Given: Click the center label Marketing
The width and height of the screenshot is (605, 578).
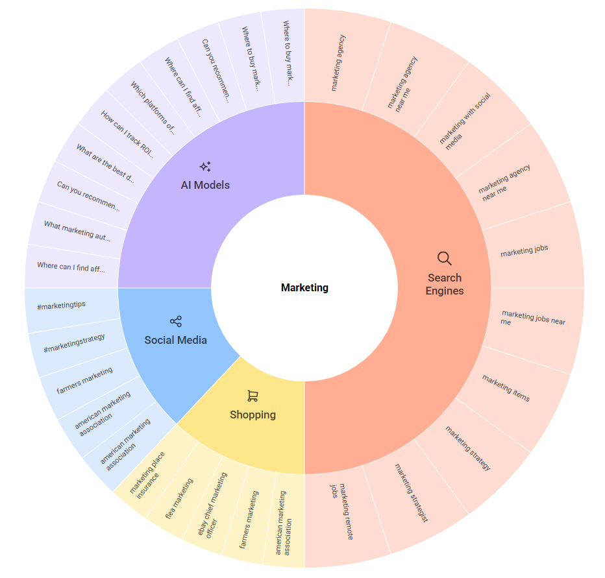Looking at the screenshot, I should (304, 287).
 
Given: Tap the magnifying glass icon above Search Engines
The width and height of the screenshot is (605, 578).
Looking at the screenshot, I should (444, 258).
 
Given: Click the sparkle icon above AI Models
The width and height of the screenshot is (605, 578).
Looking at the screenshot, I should (205, 167).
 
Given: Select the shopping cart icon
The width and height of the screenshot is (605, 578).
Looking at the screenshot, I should (253, 396).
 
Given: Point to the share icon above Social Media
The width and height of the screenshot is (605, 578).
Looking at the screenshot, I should (175, 321).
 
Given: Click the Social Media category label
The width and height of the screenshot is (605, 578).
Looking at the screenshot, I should (175, 340).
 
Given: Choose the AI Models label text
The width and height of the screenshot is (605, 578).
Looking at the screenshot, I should (205, 185).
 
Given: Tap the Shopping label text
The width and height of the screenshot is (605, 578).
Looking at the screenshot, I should (253, 415).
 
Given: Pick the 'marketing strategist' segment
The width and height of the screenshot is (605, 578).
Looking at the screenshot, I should (412, 493).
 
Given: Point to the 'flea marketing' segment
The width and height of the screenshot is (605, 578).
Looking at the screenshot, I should (179, 499).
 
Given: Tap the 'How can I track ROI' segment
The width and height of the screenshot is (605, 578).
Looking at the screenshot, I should (127, 134).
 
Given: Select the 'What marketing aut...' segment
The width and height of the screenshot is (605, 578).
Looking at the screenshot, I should (77, 230).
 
